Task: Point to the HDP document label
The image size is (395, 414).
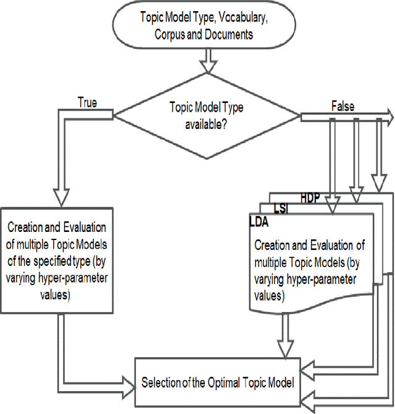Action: click(x=310, y=197)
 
